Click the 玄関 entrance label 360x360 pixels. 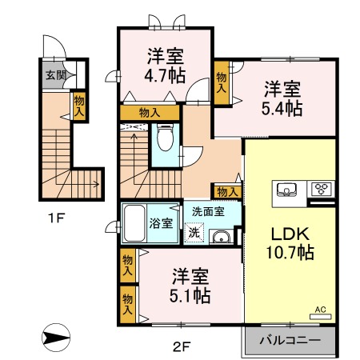(x=54, y=77)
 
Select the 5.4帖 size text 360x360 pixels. (x=285, y=108)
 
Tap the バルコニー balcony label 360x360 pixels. (x=290, y=341)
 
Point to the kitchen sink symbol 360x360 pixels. (x=286, y=190)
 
